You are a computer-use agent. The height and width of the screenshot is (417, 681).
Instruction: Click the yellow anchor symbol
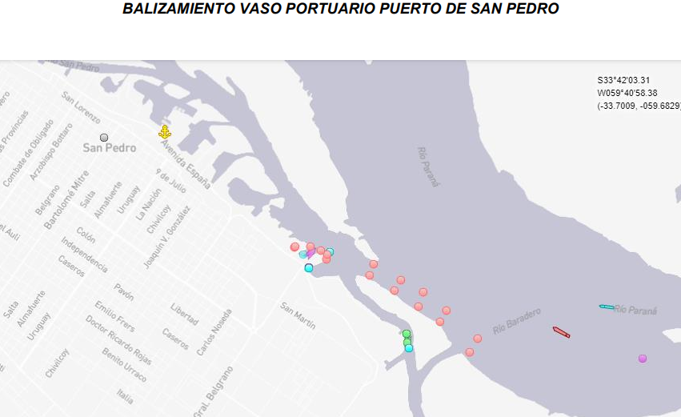pyautogui.click(x=165, y=132)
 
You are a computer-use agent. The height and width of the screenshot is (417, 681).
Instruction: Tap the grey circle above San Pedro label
pyautogui.click(x=104, y=138)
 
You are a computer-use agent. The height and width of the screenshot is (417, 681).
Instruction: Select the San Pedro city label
pyautogui.click(x=110, y=148)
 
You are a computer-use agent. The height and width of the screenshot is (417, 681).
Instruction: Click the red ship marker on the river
pyautogui.click(x=561, y=331)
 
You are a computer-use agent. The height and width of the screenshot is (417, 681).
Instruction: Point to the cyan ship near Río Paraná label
pyautogui.click(x=607, y=307)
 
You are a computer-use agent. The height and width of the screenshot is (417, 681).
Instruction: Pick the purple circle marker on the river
pyautogui.click(x=643, y=359)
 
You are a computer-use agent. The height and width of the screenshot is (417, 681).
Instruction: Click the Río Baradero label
pyautogui.click(x=517, y=320)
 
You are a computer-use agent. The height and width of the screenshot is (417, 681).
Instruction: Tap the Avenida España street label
pyautogui.click(x=185, y=165)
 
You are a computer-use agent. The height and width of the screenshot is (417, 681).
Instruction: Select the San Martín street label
pyautogui.click(x=298, y=316)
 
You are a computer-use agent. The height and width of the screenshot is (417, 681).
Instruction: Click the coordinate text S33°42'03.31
pyautogui.click(x=623, y=80)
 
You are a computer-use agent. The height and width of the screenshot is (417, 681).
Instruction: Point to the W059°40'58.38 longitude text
pyautogui.click(x=627, y=93)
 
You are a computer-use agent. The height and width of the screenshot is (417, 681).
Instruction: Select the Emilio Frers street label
pyautogui.click(x=116, y=317)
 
